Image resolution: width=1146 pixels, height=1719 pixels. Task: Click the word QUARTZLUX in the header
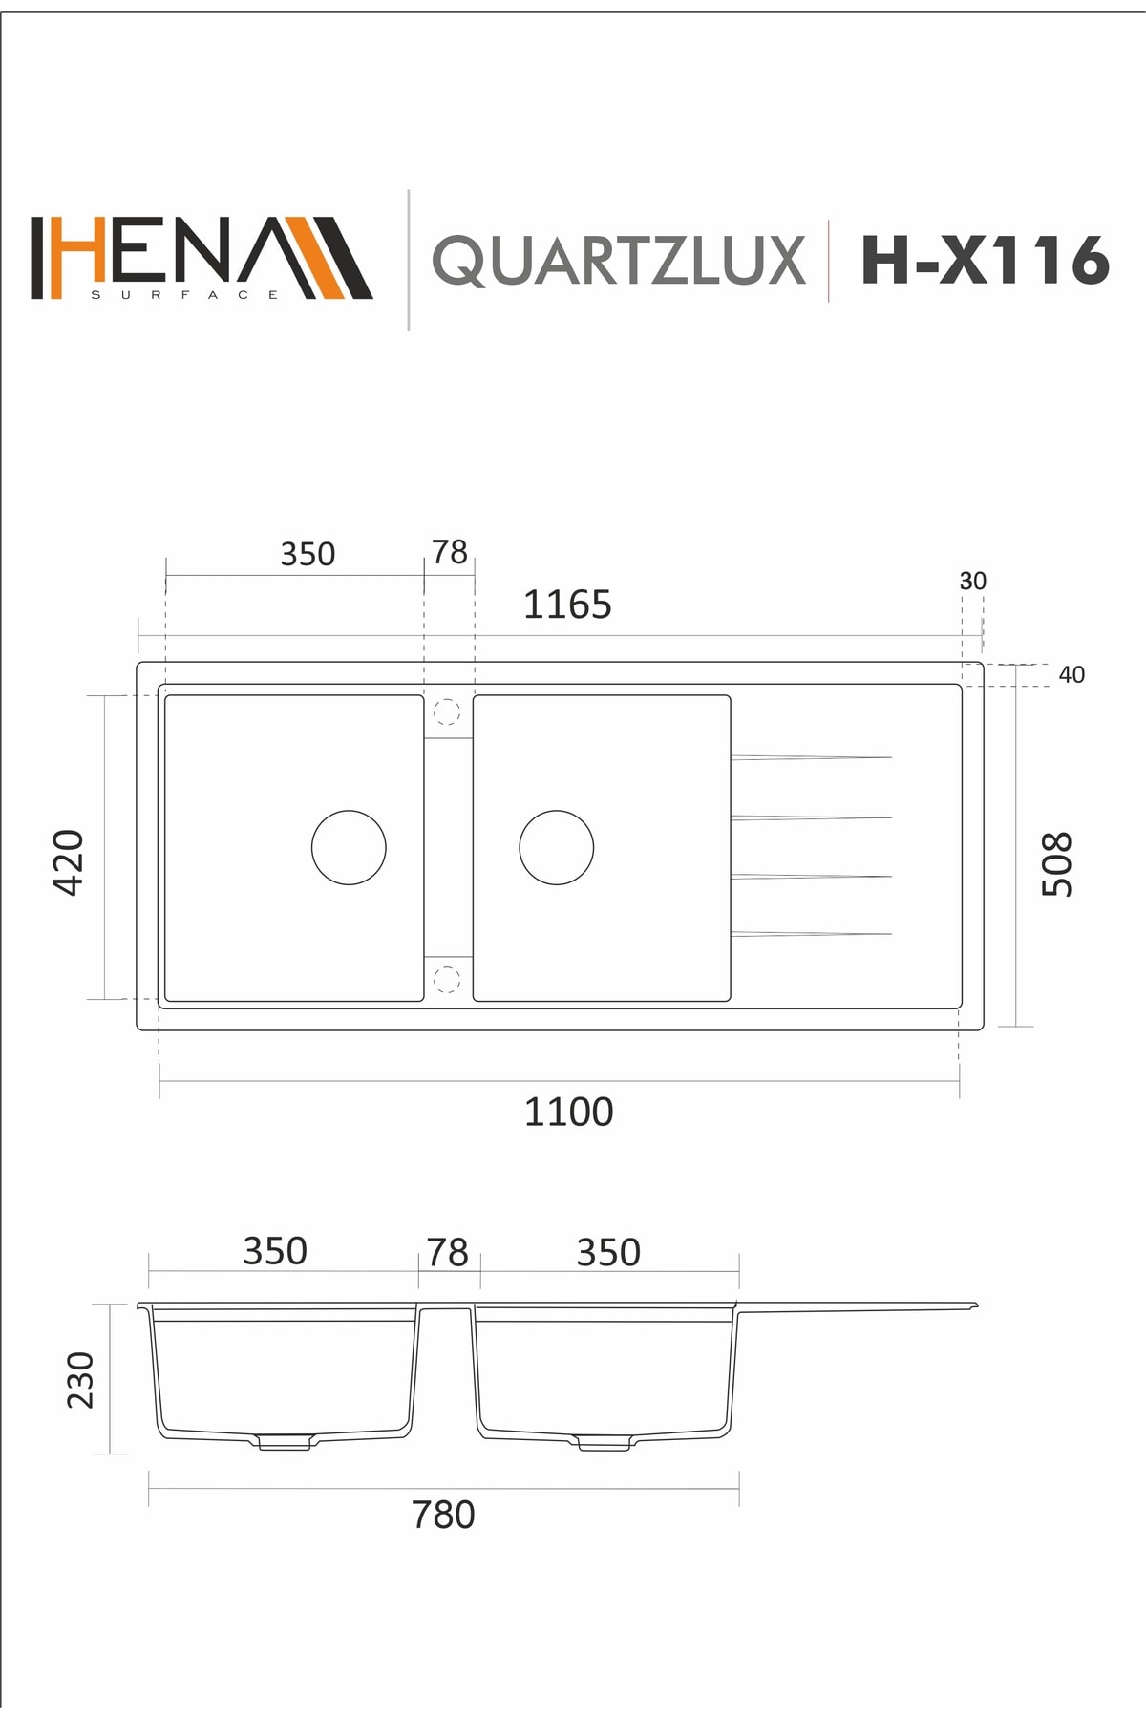619,261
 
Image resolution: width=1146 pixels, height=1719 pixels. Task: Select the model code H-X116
985,260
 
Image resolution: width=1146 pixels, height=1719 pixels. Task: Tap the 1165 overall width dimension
566,605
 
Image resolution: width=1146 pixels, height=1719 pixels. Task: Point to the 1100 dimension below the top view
568,1112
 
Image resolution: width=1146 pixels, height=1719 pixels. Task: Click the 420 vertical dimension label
70,861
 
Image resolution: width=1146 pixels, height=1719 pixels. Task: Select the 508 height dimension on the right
1057,863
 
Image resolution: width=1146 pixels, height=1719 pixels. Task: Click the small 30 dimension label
972,581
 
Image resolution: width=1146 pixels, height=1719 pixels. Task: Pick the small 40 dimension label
1072,674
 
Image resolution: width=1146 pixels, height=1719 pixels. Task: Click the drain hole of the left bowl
349,847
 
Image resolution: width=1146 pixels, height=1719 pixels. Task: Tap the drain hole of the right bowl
556,847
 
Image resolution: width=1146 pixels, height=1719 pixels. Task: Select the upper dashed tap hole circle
447,711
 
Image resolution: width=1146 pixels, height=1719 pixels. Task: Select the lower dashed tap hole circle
447,979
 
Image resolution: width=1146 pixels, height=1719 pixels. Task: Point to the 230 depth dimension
81,1379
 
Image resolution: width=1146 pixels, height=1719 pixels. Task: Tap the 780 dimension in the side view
443,1515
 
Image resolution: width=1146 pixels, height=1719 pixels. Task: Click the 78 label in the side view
447,1252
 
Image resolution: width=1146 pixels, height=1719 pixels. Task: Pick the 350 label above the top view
308,554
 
